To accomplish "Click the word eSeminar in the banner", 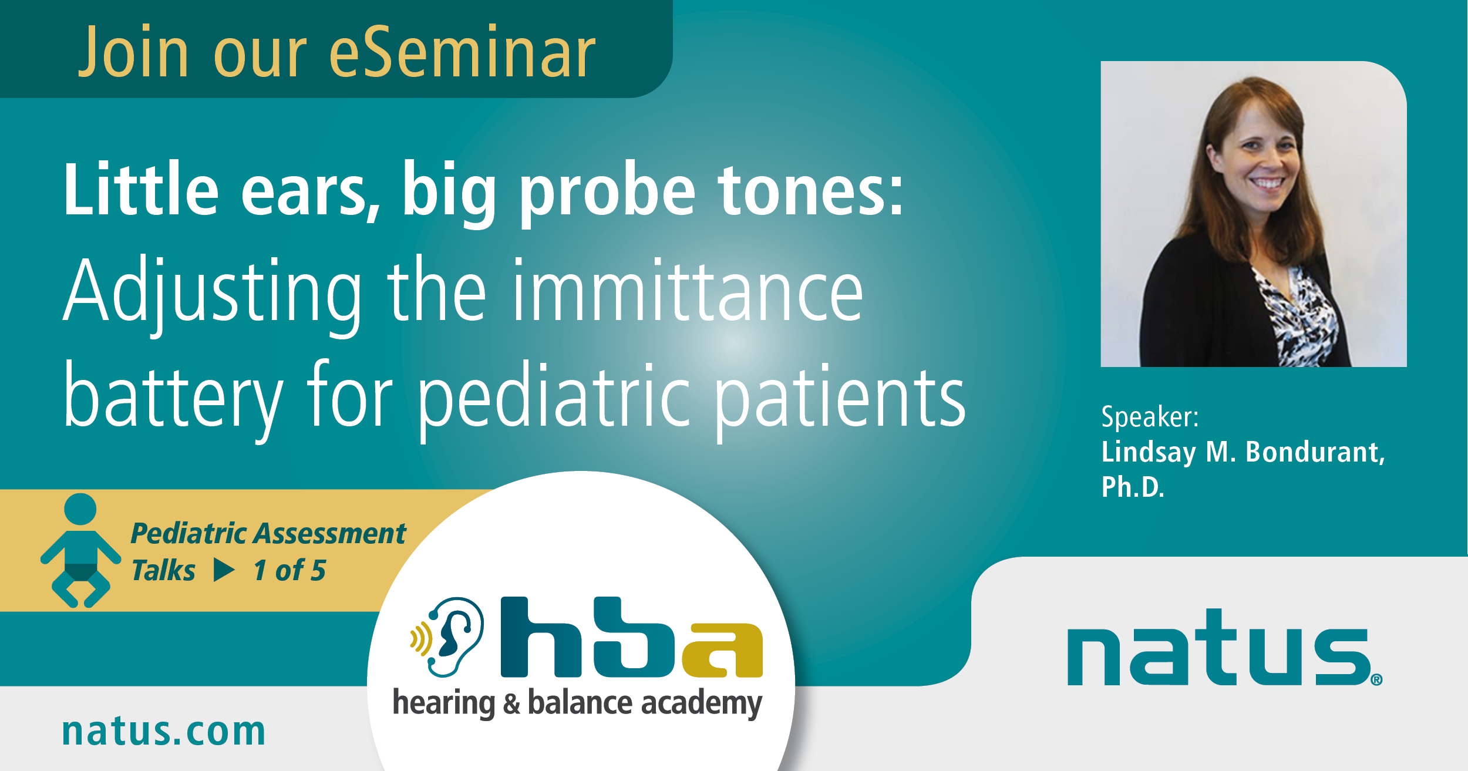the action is point(463,52).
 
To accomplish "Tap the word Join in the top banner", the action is point(134,52).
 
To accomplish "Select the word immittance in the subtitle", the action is point(688,290).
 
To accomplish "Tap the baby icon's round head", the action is point(80,509).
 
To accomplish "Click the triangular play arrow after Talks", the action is point(224,570).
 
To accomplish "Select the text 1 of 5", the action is point(289,570).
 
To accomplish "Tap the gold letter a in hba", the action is point(723,650).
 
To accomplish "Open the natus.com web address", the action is point(164,732).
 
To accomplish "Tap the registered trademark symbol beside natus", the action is point(1376,679).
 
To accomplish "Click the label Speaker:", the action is point(1150,416).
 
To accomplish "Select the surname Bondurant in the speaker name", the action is point(1315,452).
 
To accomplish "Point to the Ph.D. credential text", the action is point(1133,487).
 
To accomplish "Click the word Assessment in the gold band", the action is point(338,534).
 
